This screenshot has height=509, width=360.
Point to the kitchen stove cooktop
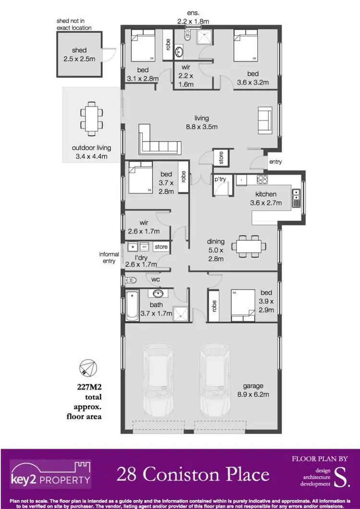pyautogui.click(x=262, y=180)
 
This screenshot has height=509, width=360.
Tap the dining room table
pyautogui.click(x=249, y=246)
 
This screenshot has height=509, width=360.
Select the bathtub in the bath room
pyautogui.click(x=132, y=305)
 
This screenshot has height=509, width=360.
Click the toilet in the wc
pyautogui.click(x=130, y=280)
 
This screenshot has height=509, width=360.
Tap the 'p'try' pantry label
pyautogui.click(x=220, y=179)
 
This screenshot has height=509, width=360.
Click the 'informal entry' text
pyautogui.click(x=108, y=258)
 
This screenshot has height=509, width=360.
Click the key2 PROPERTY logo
pyautogui.click(x=50, y=474)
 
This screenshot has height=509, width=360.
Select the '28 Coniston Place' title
pyautogui.click(x=192, y=474)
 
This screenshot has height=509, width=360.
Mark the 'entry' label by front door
pyautogui.click(x=275, y=162)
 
